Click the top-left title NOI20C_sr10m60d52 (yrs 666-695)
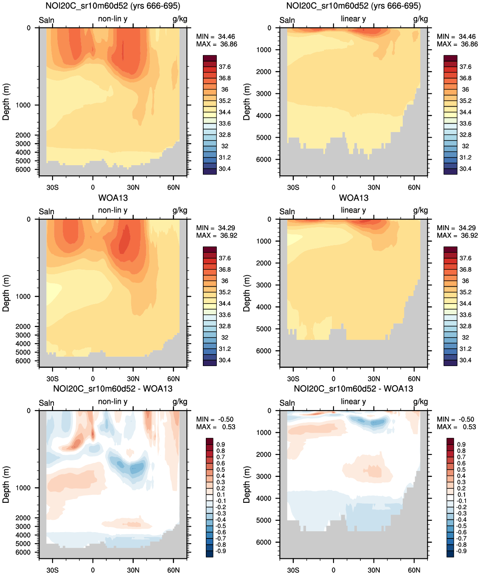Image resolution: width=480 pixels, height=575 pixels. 112,6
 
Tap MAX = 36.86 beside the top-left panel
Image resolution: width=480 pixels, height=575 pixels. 216,44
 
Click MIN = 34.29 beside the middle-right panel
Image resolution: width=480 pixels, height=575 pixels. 456,228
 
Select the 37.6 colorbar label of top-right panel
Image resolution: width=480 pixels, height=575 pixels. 465,67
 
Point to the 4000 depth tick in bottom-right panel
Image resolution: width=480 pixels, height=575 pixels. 263,498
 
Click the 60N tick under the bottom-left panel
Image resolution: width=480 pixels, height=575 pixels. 173,570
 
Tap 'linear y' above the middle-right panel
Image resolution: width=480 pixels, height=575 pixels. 353,210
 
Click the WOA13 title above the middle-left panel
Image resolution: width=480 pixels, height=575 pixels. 113,198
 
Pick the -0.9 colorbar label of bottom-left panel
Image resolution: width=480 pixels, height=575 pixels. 221,551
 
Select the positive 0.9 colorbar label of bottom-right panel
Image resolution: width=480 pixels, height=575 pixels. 461,444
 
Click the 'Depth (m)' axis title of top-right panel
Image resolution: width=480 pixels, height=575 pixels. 247,102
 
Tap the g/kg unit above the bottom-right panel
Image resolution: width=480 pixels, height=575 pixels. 421,402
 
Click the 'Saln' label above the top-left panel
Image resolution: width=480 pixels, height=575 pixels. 47,20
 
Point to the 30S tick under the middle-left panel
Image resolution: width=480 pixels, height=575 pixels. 52,379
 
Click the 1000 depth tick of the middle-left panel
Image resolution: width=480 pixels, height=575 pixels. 23,296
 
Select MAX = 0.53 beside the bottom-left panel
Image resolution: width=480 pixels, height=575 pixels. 216,427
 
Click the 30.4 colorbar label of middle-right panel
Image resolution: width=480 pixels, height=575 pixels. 465,360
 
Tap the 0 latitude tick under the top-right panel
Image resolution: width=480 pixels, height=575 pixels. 334,187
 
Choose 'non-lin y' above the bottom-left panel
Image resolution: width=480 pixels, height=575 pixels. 112,402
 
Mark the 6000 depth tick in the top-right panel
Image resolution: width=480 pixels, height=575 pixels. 263,159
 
